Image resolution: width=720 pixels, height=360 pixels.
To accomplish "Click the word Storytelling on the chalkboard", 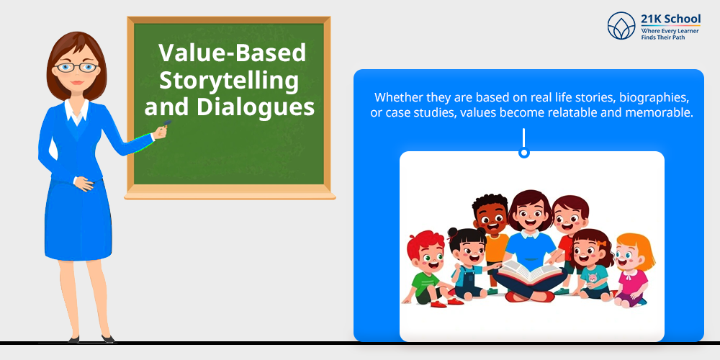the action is click(229, 82).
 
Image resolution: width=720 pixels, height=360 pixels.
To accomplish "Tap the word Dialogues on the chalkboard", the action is click(256, 107).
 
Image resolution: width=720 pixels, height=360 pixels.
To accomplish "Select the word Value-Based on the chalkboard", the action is click(233, 53).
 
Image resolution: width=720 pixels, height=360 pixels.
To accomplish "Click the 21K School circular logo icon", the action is click(621, 26).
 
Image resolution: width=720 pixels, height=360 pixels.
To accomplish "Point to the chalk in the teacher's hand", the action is click(167, 122).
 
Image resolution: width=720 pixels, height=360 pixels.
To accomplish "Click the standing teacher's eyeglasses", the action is click(77, 68).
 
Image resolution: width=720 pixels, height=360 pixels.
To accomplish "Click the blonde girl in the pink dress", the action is click(633, 271).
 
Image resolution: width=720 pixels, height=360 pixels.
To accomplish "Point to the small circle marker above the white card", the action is click(523, 153).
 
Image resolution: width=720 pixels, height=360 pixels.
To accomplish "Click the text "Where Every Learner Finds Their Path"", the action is click(670, 34).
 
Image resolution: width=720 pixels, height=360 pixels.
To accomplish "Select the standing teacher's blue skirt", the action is click(78, 220).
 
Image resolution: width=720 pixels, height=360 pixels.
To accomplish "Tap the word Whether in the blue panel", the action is click(395, 98).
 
